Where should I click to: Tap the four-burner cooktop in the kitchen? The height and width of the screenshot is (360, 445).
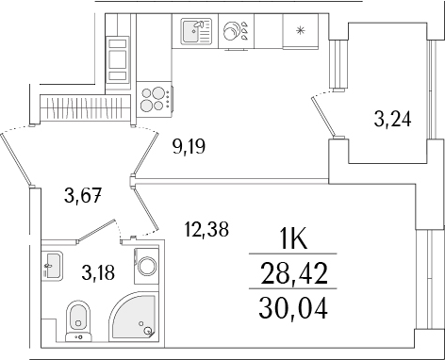click(x=155, y=95)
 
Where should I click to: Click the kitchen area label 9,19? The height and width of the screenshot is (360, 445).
click(x=189, y=146)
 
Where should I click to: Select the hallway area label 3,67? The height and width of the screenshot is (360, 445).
click(x=81, y=195)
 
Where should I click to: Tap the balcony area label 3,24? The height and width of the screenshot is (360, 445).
click(x=391, y=120)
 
